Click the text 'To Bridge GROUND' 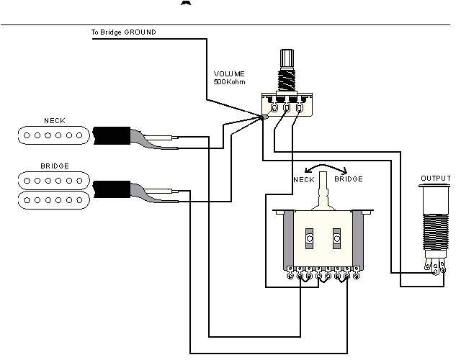pos(122,32)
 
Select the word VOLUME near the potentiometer pos(229,73)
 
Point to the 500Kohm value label pos(230,81)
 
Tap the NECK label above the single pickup pos(54,120)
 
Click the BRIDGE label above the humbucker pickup pos(54,166)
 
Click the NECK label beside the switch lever pos(303,179)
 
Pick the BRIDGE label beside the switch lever pos(349,179)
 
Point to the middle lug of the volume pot pos(287,109)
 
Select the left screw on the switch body pos(309,238)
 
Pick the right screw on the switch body pos(336,238)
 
